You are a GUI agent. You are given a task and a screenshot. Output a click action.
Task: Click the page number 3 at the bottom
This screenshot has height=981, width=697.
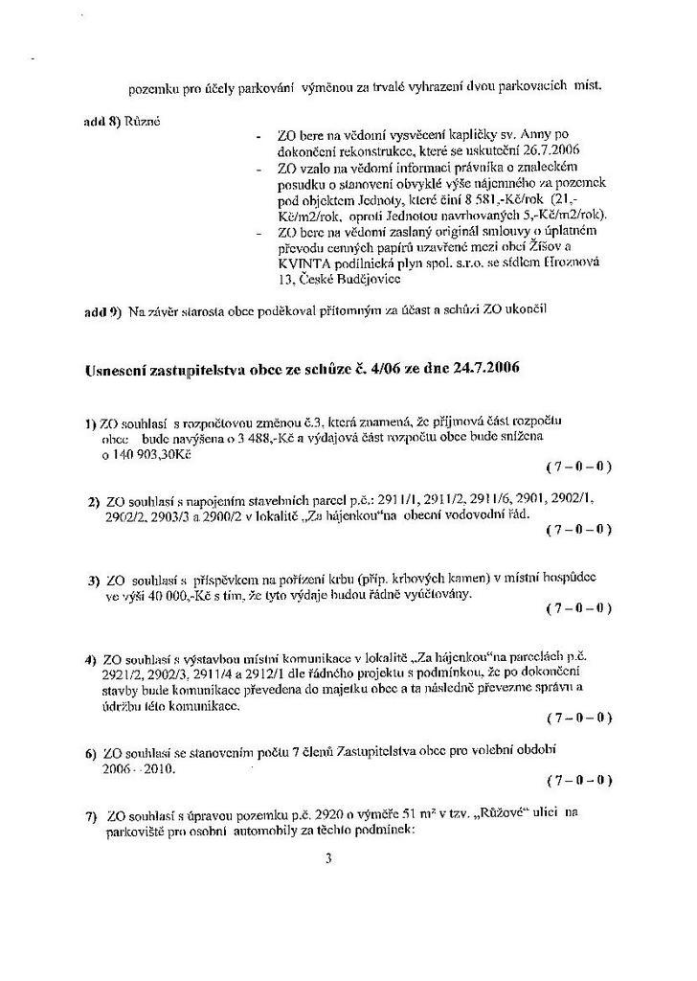pyautogui.click(x=328, y=858)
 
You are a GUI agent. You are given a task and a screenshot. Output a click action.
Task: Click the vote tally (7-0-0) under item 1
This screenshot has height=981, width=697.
pyautogui.click(x=578, y=467)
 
